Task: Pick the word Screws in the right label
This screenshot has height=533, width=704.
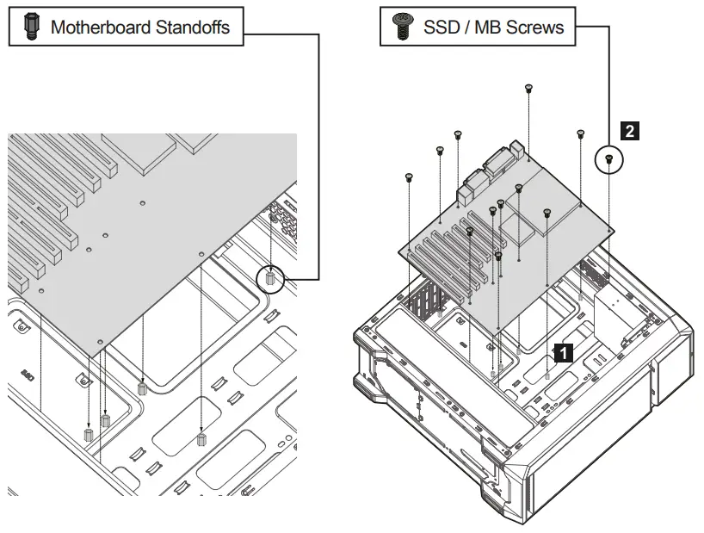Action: [535, 27]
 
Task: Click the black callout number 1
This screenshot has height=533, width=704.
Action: [563, 351]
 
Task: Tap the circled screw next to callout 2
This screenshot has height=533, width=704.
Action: [609, 158]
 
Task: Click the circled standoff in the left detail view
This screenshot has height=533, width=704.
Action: [271, 278]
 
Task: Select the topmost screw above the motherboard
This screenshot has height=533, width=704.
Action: [528, 88]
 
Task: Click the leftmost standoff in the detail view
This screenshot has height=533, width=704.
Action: [88, 432]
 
